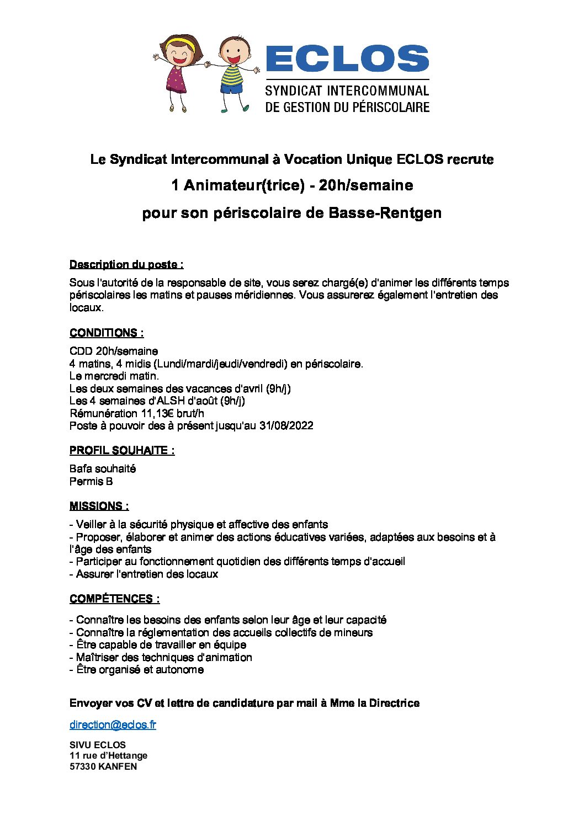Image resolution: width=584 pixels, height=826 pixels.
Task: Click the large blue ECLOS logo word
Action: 347,58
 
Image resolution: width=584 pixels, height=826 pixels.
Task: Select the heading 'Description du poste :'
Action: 126,265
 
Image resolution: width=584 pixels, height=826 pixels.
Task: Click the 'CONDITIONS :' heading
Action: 107,333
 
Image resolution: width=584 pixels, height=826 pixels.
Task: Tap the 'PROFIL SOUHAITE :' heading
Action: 122,450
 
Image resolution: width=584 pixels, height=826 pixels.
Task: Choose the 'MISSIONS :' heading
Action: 99,506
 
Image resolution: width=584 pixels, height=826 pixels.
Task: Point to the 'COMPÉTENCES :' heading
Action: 115,599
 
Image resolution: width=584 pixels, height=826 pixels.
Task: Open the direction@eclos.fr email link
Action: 113,724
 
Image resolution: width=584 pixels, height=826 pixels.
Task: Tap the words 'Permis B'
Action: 91,481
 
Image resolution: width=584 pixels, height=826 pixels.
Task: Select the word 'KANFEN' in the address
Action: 118,766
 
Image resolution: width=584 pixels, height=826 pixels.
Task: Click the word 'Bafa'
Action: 81,468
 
